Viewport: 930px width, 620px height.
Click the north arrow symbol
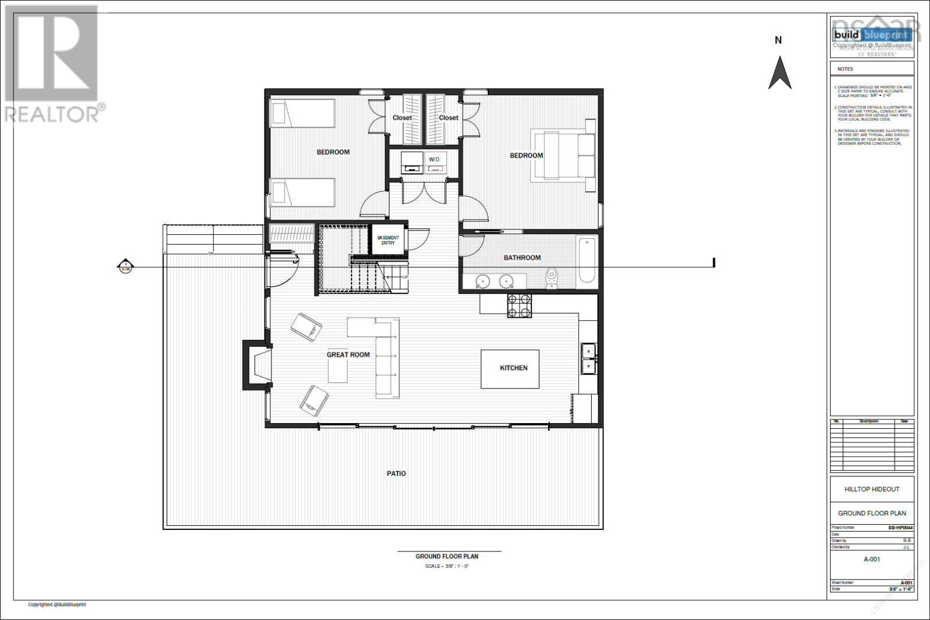point(779,73)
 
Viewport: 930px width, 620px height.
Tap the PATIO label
point(396,474)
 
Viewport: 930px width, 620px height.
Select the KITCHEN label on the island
point(514,368)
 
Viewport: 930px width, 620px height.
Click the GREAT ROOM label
point(348,354)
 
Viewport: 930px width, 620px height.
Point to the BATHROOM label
point(522,257)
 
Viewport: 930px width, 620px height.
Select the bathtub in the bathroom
point(586,259)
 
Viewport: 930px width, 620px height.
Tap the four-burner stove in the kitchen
point(519,306)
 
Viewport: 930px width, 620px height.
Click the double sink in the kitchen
point(588,359)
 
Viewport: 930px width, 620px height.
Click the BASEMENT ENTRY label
point(388,240)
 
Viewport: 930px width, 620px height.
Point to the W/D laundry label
point(434,159)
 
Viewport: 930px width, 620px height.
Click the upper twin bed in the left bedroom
point(303,112)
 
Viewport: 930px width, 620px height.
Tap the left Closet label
point(402,117)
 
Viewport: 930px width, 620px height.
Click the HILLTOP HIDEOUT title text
point(871,489)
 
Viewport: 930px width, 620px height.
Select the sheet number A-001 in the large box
point(871,559)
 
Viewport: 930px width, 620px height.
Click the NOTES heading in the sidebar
point(845,69)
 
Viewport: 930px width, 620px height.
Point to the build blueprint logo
point(871,35)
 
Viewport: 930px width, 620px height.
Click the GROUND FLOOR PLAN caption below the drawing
point(446,556)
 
